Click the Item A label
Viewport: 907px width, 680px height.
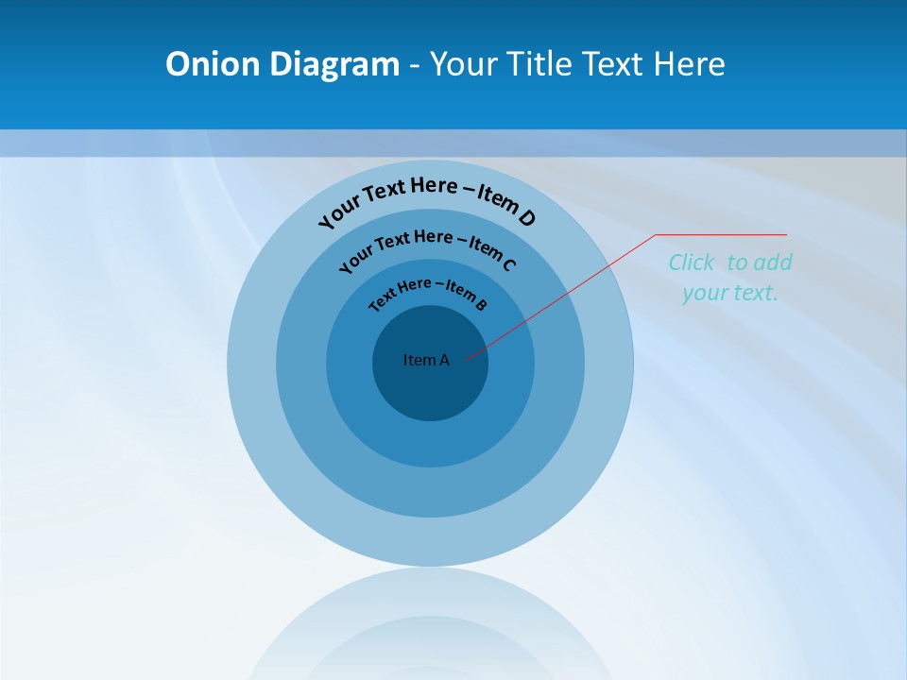[x=426, y=360]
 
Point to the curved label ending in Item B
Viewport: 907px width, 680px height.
[x=428, y=292]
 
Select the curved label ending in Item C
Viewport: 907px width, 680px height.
[x=427, y=247]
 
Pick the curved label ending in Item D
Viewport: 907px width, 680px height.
[x=427, y=199]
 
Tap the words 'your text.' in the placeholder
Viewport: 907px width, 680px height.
[x=729, y=293]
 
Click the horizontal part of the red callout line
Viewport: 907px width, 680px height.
[x=722, y=234]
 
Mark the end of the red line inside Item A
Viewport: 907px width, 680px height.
[x=467, y=359]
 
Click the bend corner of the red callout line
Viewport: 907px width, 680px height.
[x=657, y=234]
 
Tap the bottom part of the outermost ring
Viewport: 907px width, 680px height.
[x=431, y=543]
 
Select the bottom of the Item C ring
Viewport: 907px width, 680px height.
[x=431, y=493]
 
